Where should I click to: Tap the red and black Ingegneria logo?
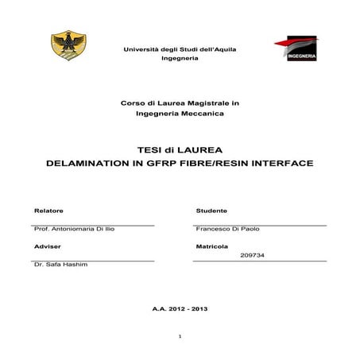[x=296, y=48]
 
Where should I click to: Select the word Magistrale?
[x=209, y=103]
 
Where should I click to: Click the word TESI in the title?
[x=151, y=149]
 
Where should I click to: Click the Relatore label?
[x=48, y=211]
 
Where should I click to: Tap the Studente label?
[x=211, y=211]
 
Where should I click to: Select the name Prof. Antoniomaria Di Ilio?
[x=74, y=229]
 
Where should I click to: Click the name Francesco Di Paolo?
[x=227, y=229]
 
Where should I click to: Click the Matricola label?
[x=212, y=246]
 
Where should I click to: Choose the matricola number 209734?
[x=252, y=255]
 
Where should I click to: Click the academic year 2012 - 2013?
[x=180, y=307]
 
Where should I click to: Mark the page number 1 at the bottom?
[x=181, y=337]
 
